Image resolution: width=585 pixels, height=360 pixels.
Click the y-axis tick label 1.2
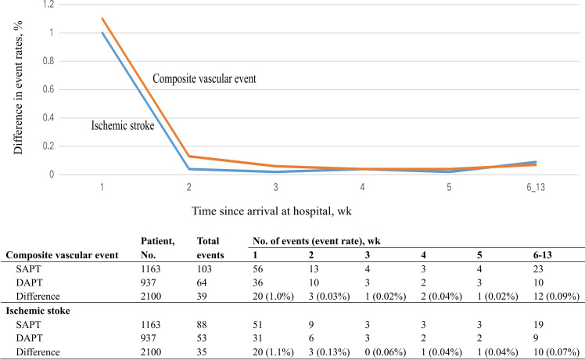coord(48,5)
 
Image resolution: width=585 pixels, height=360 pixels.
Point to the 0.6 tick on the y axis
coord(48,89)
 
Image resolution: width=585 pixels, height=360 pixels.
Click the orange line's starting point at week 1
coord(102,19)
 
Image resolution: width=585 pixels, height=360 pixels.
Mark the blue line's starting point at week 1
coord(102,33)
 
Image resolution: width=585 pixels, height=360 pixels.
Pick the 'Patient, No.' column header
coord(156,249)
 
